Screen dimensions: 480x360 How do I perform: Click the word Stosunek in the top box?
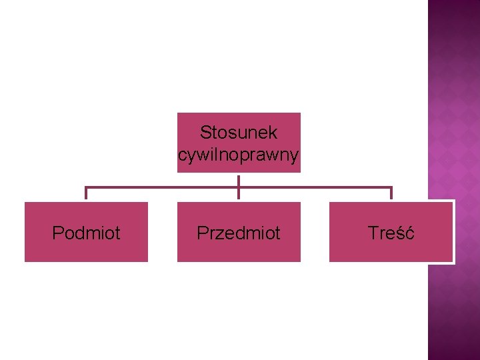coord(239,132)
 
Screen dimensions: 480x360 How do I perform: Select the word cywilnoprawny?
coord(239,155)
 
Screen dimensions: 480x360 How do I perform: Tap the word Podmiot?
coord(86,233)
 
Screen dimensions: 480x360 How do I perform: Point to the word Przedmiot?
coord(239,233)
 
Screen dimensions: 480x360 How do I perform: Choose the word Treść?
coord(391,233)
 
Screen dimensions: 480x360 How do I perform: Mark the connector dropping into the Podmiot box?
coord(86,194)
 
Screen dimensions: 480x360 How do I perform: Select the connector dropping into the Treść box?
coord(391,194)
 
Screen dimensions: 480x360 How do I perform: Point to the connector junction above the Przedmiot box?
coord(239,187)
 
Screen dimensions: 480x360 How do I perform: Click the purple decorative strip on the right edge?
coord(453,100)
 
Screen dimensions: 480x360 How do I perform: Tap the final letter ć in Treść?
coord(410,233)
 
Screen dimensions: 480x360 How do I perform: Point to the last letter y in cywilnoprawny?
coord(294,157)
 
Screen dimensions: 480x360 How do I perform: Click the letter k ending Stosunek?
coord(273,132)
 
